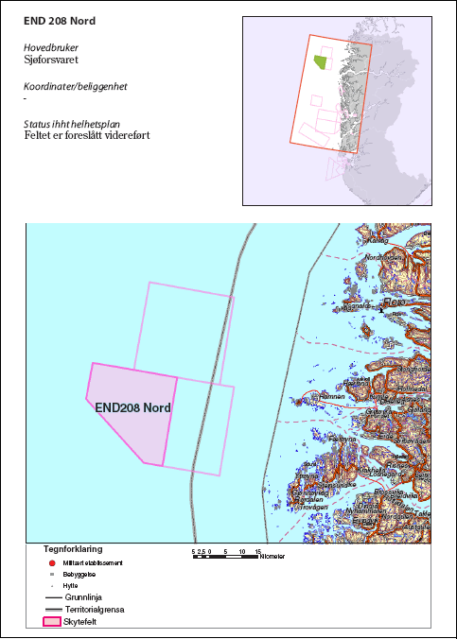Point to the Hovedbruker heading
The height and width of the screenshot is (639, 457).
51,45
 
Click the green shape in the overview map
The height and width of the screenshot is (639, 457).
322,62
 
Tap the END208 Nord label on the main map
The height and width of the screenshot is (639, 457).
133,408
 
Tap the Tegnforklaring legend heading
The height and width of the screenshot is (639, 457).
73,548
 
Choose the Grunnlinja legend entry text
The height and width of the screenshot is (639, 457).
86,597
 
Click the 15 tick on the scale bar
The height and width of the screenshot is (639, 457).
257,551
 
